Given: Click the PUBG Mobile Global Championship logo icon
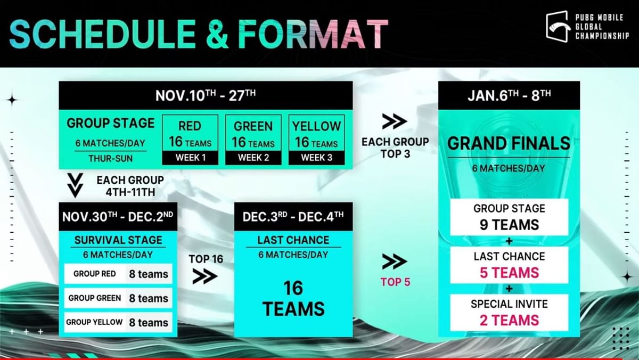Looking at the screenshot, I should coord(558,26).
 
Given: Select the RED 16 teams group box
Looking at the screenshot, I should coord(190,134).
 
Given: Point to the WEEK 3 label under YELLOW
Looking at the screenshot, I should coord(316,158).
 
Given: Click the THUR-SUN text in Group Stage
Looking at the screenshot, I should coord(110,158).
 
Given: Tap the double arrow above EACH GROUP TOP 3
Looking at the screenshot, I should coord(395,122).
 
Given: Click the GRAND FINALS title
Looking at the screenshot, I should coord(509,143).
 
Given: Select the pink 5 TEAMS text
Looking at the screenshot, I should coord(509,273).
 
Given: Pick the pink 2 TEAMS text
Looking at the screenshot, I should coord(509,320).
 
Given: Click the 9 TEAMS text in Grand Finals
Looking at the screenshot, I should coord(509,225).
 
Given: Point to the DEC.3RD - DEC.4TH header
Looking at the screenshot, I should coord(293,216).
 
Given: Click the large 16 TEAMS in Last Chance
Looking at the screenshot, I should coord(293,298).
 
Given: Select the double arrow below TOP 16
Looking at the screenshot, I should coord(205,276).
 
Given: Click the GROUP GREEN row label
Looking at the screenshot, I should coord(95,298).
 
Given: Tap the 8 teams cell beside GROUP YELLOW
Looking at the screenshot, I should coord(149,323).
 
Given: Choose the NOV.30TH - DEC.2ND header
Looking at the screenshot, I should coord(118,217).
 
